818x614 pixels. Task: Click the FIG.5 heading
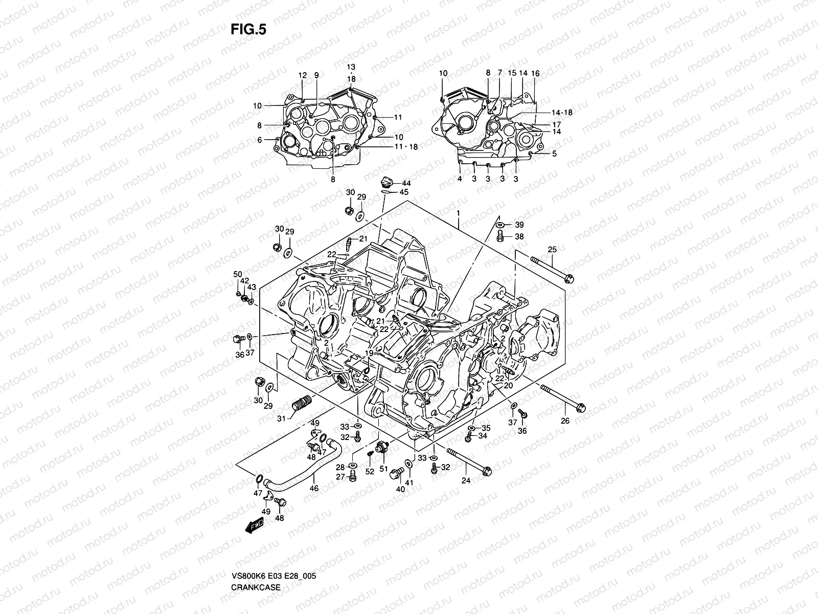(248, 30)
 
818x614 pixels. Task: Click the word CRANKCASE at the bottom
(255, 559)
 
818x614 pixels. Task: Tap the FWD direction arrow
(254, 525)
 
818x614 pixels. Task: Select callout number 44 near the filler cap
(406, 183)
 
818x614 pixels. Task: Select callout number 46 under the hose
(314, 488)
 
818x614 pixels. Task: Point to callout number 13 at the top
(351, 67)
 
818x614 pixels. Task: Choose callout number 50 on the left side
(238, 275)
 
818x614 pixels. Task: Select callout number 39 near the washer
(519, 225)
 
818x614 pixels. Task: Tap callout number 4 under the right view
(460, 179)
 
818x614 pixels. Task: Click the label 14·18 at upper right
(561, 113)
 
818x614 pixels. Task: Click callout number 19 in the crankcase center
(369, 353)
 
